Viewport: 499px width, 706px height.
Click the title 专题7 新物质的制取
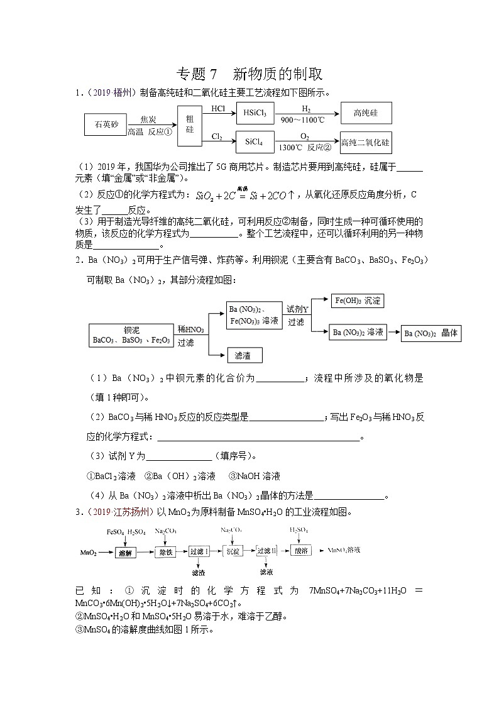[x=249, y=74]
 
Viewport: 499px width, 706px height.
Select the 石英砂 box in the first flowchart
[x=106, y=124]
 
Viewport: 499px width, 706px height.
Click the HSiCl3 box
[x=255, y=113]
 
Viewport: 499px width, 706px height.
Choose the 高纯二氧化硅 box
[x=365, y=143]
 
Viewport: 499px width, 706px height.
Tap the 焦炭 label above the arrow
[x=148, y=119]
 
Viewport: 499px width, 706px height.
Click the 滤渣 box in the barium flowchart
[x=244, y=355]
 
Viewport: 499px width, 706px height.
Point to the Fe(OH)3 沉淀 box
[x=358, y=301]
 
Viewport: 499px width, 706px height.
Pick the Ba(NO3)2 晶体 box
[x=431, y=333]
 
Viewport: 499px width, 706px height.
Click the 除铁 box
[x=165, y=551]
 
